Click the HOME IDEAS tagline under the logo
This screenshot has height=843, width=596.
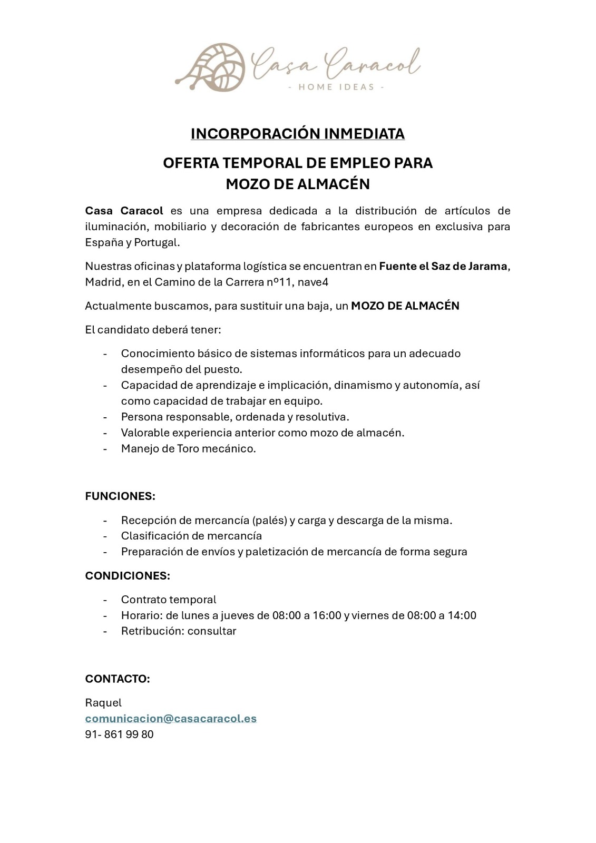337,87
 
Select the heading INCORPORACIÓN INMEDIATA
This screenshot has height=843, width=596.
298,134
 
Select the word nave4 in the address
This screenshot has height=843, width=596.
313,282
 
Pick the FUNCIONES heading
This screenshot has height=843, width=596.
120,496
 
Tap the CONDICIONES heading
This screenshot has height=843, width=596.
128,576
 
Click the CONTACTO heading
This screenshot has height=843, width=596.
118,679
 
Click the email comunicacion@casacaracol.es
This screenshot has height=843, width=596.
171,719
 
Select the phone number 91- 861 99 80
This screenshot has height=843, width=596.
120,734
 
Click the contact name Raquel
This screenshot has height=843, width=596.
103,703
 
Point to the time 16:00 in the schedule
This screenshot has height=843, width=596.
327,615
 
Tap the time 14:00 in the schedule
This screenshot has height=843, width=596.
462,615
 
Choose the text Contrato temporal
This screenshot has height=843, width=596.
169,600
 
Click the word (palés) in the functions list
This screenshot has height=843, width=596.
270,521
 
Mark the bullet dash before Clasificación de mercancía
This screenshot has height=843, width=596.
105,536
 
